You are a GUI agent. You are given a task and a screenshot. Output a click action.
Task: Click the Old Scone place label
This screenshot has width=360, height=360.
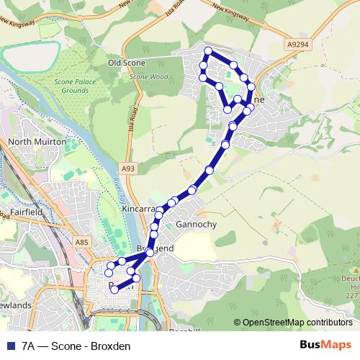click(126, 63)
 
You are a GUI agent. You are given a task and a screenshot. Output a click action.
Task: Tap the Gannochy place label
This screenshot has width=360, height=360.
click(196, 225)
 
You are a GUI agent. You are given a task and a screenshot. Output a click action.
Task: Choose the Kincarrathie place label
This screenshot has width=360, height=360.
click(138, 209)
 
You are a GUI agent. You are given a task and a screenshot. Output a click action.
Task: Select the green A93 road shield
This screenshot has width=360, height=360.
click(128, 168)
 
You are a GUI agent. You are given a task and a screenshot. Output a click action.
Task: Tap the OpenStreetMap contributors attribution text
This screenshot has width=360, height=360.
click(296, 322)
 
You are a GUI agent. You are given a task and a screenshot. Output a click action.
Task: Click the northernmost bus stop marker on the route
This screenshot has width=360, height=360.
click(208, 50)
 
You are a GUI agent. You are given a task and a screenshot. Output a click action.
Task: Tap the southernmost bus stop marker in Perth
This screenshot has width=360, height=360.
click(114, 289)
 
